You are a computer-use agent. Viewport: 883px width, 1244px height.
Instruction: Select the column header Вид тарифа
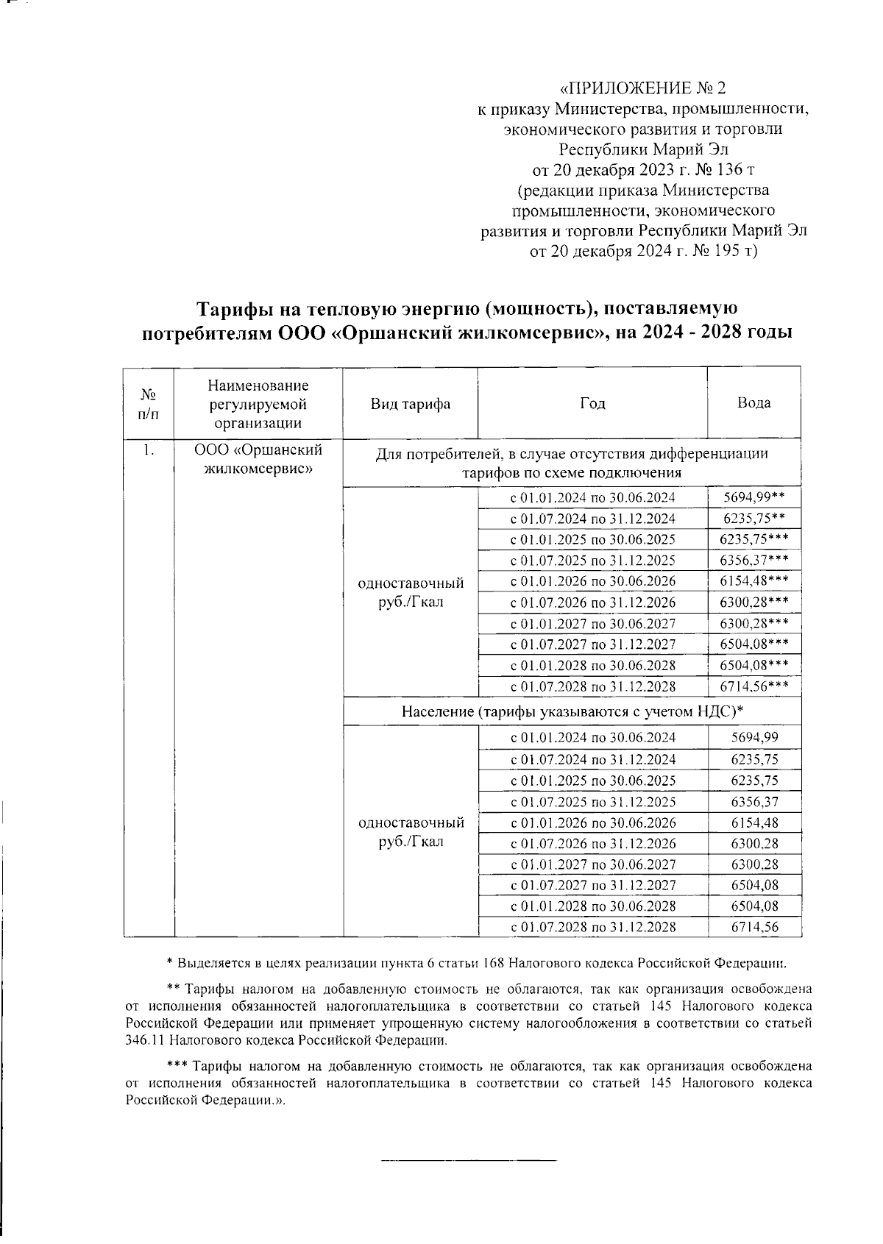tap(410, 403)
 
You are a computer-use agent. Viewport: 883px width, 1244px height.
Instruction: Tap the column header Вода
tap(753, 402)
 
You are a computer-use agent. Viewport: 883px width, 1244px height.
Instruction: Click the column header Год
tap(592, 403)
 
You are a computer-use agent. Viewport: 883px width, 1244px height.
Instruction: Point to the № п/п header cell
tap(149, 403)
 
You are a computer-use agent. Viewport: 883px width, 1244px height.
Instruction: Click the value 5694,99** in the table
tap(754, 497)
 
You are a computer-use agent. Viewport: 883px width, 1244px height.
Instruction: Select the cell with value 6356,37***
tap(754, 560)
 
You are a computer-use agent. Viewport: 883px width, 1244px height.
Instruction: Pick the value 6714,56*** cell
tap(754, 686)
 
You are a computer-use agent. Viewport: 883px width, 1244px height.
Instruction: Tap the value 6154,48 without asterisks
tap(754, 822)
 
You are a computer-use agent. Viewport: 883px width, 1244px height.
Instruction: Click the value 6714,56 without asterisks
tap(754, 927)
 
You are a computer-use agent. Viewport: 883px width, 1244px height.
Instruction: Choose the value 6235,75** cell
tap(754, 518)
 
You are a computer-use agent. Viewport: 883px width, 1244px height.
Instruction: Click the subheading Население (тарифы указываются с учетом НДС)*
tap(572, 711)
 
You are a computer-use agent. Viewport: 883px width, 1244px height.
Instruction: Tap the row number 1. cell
tap(149, 450)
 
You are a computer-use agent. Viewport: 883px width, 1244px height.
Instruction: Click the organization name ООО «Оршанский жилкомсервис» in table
tap(258, 458)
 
